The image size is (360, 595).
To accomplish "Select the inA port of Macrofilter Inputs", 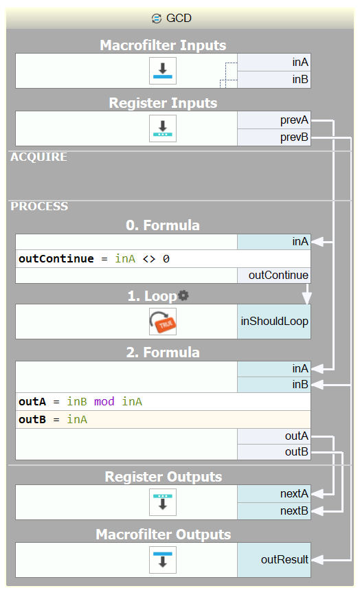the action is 274,63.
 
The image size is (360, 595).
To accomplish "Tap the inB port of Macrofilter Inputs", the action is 274,80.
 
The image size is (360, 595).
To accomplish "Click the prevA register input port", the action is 274,120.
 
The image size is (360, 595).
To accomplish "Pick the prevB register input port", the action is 274,137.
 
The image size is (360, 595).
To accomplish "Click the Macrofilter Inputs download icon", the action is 163,71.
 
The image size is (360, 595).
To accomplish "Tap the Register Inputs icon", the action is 163,128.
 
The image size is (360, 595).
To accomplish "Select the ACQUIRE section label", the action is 38,157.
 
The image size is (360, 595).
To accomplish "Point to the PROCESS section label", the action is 39,206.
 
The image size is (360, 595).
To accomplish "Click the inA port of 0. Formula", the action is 274,242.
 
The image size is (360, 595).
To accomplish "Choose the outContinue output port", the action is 274,276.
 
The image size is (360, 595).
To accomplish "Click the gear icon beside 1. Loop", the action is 183,295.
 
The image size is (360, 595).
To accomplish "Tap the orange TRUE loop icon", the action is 163,322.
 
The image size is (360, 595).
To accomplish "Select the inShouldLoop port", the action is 274,322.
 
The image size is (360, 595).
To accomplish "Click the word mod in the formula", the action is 104,401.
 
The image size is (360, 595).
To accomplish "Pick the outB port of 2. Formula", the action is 274,452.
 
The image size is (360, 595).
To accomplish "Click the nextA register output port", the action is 274,494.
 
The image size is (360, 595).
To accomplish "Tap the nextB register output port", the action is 274,511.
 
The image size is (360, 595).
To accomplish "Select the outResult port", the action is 274,560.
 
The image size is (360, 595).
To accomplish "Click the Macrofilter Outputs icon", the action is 163,560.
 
